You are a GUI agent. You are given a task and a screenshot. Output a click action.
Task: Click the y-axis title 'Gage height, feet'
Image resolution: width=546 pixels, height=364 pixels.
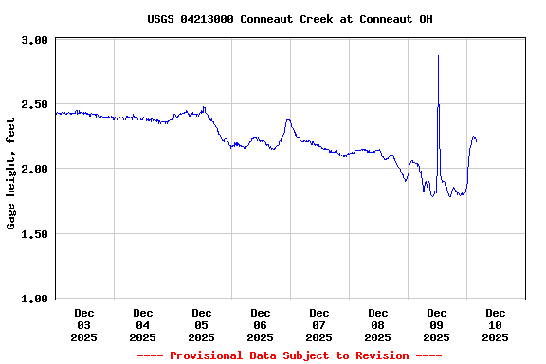coord(11,173)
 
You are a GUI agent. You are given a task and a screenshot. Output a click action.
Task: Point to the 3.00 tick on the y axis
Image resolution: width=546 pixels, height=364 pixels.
coord(34,40)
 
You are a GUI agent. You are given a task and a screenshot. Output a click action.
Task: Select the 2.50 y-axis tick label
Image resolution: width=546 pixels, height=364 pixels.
coord(34,104)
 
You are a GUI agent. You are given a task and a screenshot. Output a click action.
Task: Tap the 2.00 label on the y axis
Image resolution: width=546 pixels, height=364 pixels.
coord(34,169)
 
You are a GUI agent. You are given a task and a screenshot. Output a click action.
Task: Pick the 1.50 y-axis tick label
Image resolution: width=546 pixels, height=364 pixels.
coord(34,233)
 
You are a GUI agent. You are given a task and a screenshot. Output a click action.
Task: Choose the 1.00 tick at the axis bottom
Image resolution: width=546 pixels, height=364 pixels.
coord(34,298)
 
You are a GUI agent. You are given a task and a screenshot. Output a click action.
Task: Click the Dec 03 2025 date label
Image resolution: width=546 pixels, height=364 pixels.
coord(84,324)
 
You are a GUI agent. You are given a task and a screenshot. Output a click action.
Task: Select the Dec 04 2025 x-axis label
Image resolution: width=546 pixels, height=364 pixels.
coord(143,324)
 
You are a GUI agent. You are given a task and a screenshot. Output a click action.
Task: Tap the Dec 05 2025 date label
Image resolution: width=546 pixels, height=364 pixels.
coord(202,324)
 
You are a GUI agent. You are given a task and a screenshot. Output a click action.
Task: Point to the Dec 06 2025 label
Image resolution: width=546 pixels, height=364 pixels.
coord(261,324)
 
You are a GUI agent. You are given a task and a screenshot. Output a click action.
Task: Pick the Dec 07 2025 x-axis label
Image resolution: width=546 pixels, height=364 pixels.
coord(319,324)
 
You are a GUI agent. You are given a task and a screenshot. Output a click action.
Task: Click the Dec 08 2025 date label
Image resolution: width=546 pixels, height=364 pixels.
coord(378,324)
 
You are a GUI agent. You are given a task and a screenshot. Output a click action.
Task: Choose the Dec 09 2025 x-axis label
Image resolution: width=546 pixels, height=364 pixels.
coord(437,324)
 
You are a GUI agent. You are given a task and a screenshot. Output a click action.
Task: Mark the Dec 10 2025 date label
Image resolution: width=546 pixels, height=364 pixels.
coord(496,324)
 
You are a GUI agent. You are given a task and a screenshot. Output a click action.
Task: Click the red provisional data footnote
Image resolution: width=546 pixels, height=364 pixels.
coord(289,355)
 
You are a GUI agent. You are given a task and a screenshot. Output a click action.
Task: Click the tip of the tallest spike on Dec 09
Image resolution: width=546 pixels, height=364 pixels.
coord(438,55)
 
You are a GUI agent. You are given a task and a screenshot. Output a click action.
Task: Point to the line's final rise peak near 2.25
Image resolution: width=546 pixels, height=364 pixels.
coord(473,136)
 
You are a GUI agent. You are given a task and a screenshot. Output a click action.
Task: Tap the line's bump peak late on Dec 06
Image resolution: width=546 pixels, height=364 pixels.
coord(287,119)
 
